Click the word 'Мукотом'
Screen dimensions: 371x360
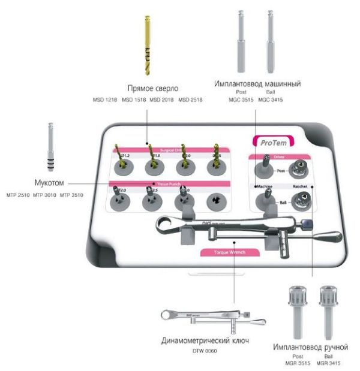49,182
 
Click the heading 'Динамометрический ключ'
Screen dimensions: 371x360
205,341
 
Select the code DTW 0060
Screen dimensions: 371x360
205,351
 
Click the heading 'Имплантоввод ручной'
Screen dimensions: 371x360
310,347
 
